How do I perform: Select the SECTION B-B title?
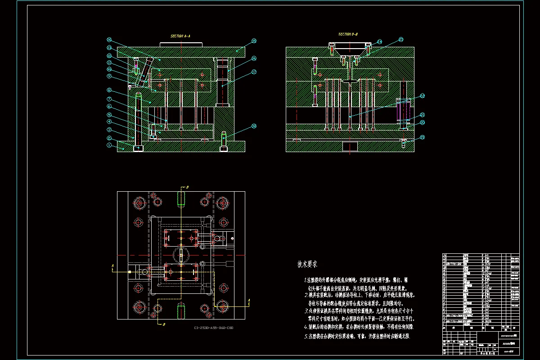(x=348, y=34)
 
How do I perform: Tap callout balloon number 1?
(x=108, y=145)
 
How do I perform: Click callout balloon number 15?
(x=254, y=41)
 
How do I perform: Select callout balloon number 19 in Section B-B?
(x=422, y=137)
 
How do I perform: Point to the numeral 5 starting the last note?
(x=306, y=336)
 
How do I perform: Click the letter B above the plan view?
(x=187, y=187)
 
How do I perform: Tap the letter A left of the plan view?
(x=112, y=266)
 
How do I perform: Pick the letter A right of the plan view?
(x=249, y=300)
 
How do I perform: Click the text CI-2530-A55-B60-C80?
(x=214, y=328)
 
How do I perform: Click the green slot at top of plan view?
(x=181, y=198)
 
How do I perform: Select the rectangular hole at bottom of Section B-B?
(x=350, y=146)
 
